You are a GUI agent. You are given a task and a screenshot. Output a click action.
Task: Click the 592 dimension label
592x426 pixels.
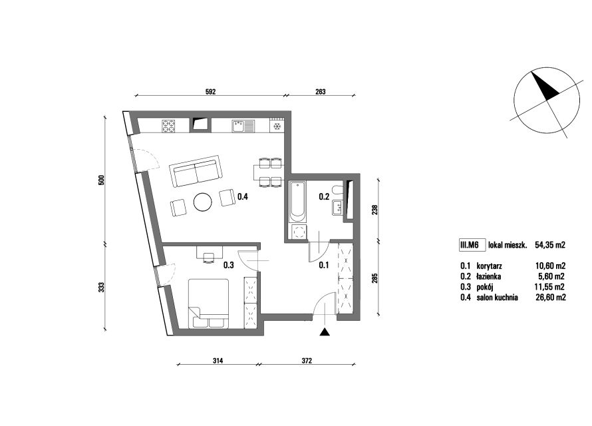(x=210, y=91)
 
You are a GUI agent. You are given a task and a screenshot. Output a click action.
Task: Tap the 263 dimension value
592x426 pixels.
(x=320, y=91)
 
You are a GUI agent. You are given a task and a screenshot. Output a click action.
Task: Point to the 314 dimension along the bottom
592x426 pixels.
(x=218, y=361)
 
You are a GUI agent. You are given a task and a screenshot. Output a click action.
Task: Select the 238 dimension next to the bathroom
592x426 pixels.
(x=374, y=210)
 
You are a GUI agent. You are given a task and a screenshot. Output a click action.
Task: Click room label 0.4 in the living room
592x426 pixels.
(x=243, y=196)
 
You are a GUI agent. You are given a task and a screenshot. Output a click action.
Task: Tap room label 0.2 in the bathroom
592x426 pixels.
(x=325, y=196)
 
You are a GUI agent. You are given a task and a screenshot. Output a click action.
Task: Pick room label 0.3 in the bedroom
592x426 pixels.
(x=228, y=265)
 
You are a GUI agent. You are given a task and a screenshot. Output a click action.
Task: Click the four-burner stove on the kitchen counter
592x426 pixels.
(x=169, y=126)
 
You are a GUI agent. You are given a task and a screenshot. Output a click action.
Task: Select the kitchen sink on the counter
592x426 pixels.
(x=243, y=126)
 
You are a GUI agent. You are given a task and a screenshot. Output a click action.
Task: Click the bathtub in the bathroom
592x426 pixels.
(x=297, y=201)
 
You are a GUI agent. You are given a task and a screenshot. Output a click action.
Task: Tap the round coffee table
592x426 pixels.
(x=203, y=202)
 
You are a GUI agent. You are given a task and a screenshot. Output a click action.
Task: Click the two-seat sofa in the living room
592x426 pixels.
(x=196, y=172)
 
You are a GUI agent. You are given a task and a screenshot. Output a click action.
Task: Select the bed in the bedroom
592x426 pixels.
(x=208, y=304)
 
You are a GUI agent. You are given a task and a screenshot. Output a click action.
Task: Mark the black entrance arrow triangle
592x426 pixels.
(x=325, y=332)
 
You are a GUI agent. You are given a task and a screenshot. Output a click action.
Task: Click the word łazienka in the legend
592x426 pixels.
(x=489, y=276)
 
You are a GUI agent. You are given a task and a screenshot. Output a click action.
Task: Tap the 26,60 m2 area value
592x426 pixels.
(x=551, y=298)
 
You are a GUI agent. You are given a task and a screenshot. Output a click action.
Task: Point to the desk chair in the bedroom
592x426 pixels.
(x=208, y=258)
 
